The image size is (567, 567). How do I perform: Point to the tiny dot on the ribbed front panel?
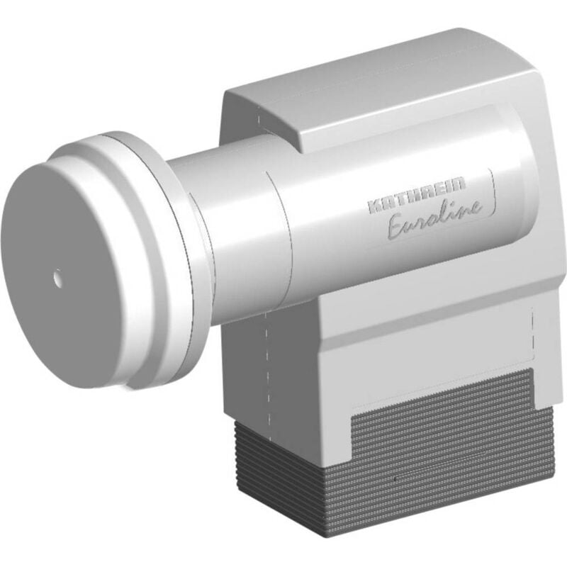pos(392,480)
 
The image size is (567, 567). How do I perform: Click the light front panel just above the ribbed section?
pos(425,354)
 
